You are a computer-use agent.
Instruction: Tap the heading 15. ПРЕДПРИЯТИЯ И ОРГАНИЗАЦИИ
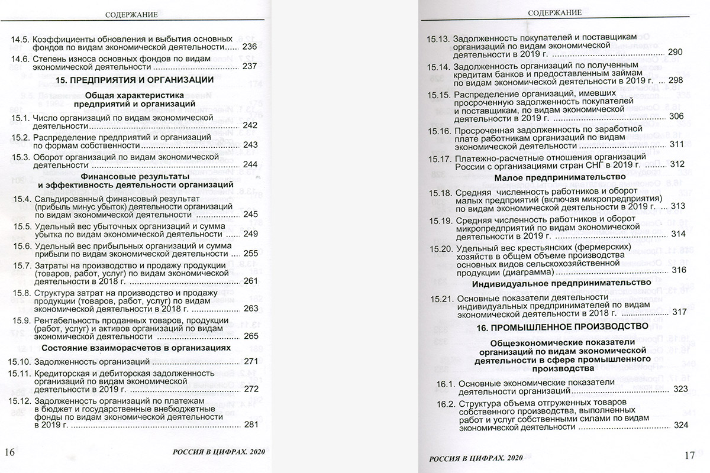(134, 80)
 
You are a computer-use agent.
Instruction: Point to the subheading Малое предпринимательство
(559, 177)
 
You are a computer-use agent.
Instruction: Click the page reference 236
(250, 47)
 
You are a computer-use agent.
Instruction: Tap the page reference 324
(680, 426)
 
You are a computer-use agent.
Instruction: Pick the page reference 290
(675, 53)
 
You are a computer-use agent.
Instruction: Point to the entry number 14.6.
(21, 58)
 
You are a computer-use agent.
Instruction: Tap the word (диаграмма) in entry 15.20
(525, 271)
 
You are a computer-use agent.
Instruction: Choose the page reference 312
(677, 164)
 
